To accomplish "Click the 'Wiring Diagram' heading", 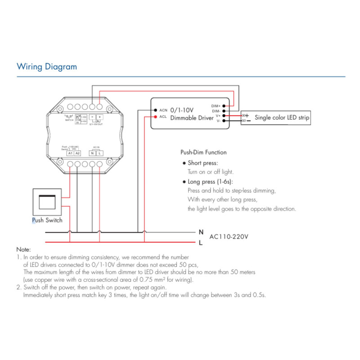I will click(x=47, y=67).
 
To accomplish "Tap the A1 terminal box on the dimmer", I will click(x=70, y=153).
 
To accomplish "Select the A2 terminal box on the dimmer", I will click(x=77, y=153).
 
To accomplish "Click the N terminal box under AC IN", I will click(x=92, y=153).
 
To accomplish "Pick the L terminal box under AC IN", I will click(x=99, y=153).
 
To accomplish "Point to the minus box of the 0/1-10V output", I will click(x=92, y=117).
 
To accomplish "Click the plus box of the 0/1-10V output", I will click(x=99, y=117).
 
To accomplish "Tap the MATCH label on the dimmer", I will click(x=69, y=121).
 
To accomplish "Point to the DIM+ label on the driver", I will click(x=216, y=106).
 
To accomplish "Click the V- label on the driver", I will click(x=218, y=121).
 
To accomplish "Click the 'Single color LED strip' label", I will click(x=282, y=118).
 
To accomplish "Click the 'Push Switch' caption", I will click(x=47, y=220).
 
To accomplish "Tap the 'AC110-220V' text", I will click(x=229, y=236).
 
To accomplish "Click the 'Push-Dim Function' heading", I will click(x=203, y=153).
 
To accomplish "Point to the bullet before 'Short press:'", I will click(x=184, y=163).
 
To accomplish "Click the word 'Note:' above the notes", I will click(x=23, y=249).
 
